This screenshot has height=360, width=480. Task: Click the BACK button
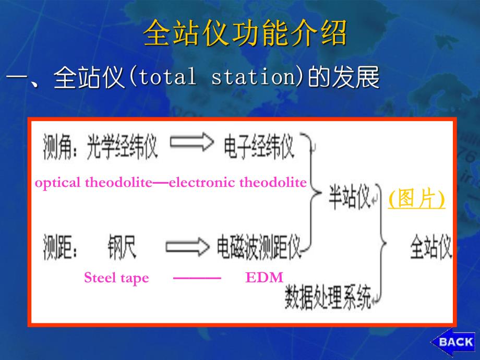coord(453,342)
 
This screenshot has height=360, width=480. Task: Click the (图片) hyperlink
coord(417,199)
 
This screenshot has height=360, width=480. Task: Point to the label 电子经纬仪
coord(259,147)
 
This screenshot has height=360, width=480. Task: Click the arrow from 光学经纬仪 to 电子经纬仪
coord(191,142)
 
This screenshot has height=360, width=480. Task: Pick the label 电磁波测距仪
coord(259,248)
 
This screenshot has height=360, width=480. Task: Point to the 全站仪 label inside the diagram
coord(430,248)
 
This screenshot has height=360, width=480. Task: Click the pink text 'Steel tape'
coord(116,278)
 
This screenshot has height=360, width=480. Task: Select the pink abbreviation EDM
coord(264,278)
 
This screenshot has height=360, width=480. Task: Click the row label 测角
coord(57,147)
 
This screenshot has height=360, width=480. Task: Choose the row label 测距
coord(57,248)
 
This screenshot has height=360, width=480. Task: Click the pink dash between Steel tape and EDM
coord(197,278)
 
